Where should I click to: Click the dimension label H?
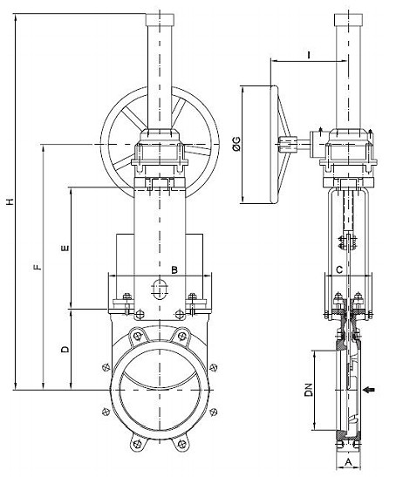tap(10, 201)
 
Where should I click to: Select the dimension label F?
tap(38, 268)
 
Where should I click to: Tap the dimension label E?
tap(65, 249)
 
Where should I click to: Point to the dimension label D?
tap(65, 349)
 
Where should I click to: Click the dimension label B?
tap(174, 269)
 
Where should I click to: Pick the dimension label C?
tap(339, 269)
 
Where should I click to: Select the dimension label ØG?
tap(236, 144)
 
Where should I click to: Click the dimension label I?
tap(309, 55)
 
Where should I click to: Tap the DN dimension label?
tap(309, 390)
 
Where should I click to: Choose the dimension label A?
tap(349, 462)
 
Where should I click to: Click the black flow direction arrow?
tap(369, 390)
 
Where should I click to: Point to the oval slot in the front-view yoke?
tap(159, 289)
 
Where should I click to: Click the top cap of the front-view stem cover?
tap(161, 20)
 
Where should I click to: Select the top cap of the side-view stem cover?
tap(349, 20)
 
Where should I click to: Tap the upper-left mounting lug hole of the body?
tap(138, 336)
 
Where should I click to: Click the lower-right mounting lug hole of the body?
tap(182, 444)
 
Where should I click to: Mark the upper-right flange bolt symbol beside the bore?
tap(214, 368)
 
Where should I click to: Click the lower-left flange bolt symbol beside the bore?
tap(106, 412)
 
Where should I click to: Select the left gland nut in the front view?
tap(127, 296)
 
